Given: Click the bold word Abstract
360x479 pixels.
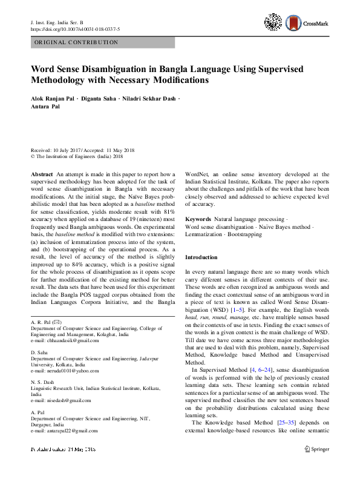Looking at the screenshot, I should [42, 174].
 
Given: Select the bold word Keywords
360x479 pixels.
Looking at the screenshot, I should [198, 219].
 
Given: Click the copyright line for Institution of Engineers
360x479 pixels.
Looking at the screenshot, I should [73, 156].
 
